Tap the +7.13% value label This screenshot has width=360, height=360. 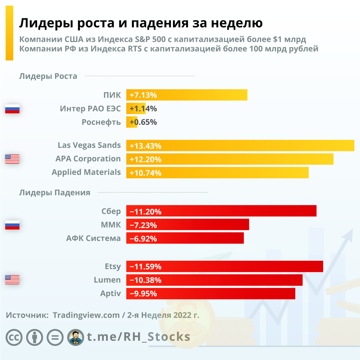tap(143, 95)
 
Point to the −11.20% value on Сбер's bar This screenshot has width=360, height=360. tap(145, 211)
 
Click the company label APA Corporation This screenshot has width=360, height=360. tap(88, 159)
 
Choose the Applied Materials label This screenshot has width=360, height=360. tap(86, 172)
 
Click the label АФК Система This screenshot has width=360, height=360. tap(93, 238)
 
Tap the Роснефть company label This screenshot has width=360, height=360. tap(101, 122)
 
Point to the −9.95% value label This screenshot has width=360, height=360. tap(143, 294)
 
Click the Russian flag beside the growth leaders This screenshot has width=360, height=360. tap(12, 109)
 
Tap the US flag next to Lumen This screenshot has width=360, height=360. tap(12, 280)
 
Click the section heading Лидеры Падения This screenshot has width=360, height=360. tap(55, 193)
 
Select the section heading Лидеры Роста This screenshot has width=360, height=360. tap(48, 76)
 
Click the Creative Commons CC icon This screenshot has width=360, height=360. tap(14, 337)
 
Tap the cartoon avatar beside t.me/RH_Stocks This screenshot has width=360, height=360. tap(76, 337)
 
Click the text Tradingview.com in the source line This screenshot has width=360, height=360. tap(86, 315)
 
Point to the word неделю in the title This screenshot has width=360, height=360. tap(237, 23)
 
